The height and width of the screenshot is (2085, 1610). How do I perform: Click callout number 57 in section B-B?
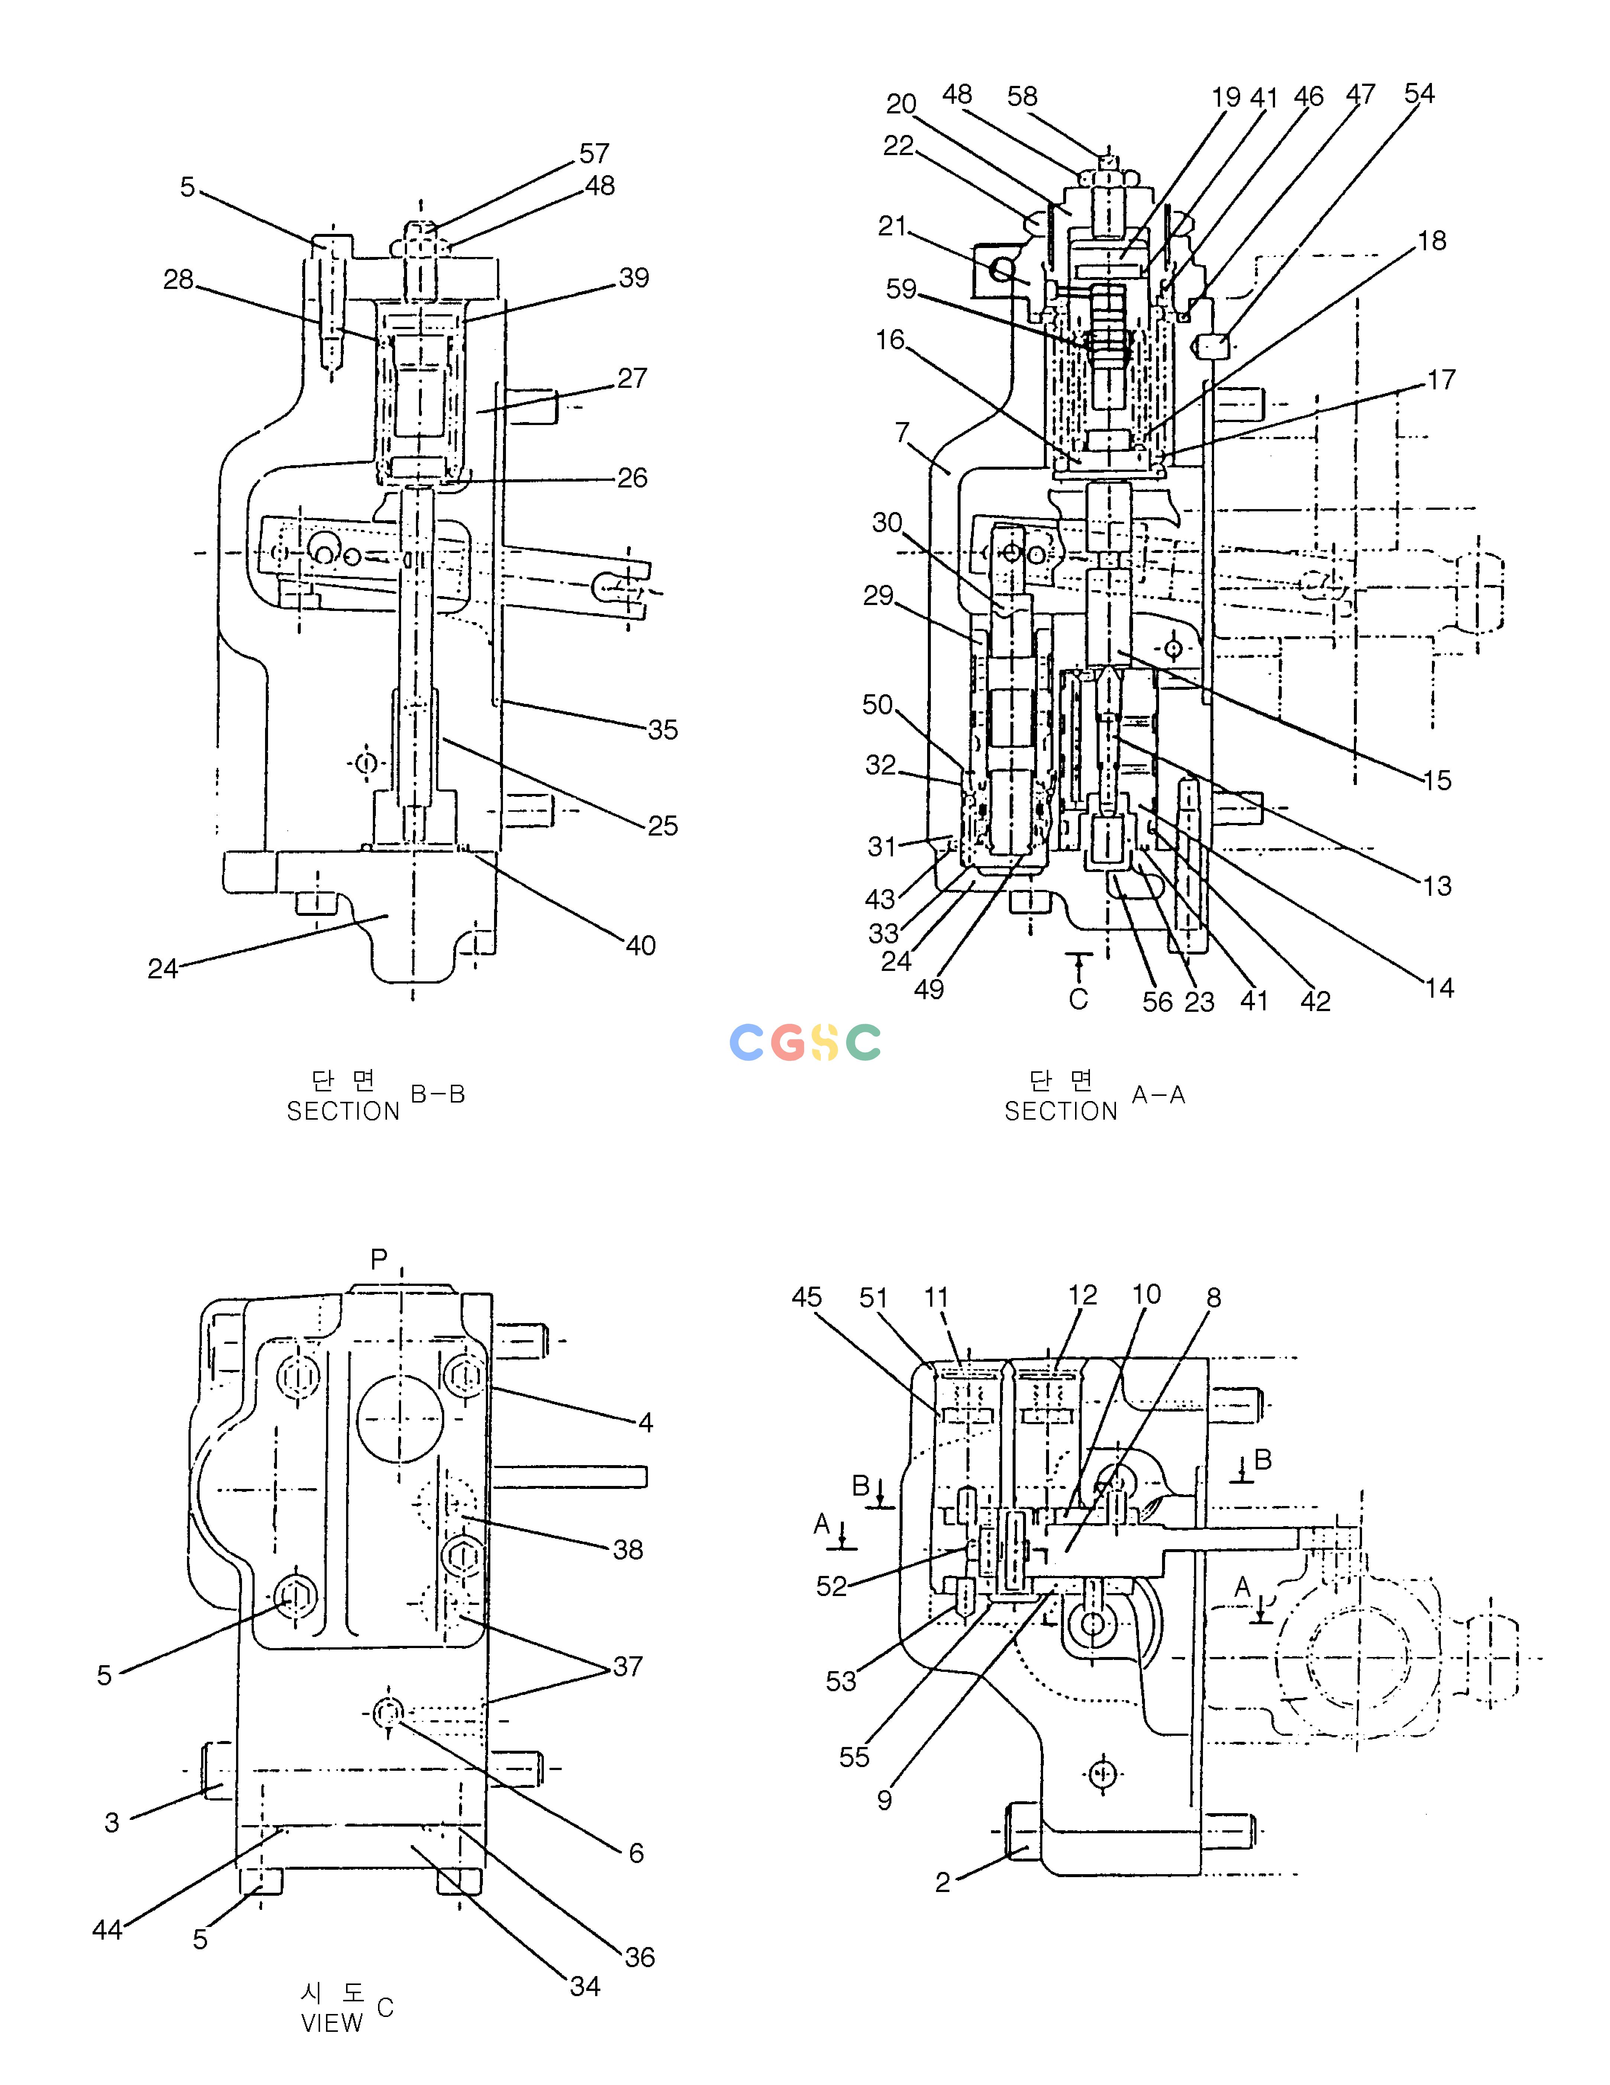pos(594,154)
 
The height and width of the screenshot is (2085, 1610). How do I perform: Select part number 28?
pos(178,280)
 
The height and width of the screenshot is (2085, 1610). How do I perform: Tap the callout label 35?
pos(662,730)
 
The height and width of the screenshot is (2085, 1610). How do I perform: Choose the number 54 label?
pos(1419,94)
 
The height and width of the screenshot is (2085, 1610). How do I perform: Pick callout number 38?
pos(628,1550)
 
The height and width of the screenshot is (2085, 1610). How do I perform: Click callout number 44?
pos(107,1930)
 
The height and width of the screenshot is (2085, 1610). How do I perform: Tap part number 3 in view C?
pos(112,1822)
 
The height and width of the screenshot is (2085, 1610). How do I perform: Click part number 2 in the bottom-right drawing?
pos(943,1883)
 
